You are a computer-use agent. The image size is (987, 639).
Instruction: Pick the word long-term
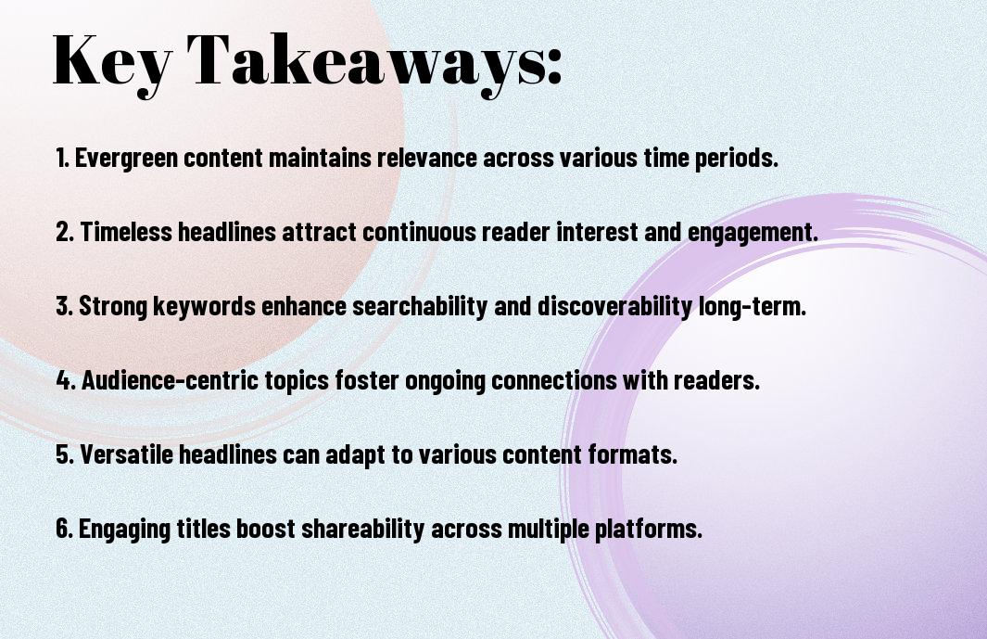753,307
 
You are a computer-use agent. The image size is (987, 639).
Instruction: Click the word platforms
649,530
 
